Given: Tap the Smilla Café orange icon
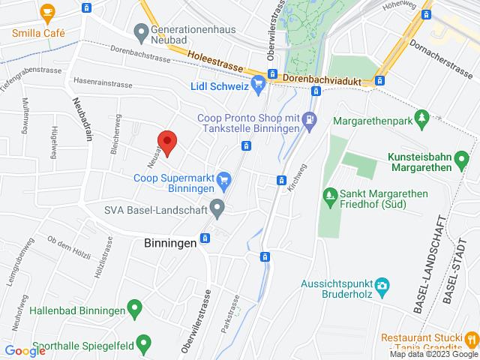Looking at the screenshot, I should tap(48, 13).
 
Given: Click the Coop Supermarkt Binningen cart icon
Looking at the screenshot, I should tap(223, 180).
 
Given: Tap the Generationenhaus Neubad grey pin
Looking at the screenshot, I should tap(140, 32).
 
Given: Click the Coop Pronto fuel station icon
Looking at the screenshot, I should tap(310, 124).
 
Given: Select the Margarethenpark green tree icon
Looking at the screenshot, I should tap(422, 118).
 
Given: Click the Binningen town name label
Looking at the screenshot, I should tap(169, 242).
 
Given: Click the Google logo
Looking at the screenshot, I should tap(25, 350).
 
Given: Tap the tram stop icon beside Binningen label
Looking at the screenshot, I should tap(205, 239).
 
